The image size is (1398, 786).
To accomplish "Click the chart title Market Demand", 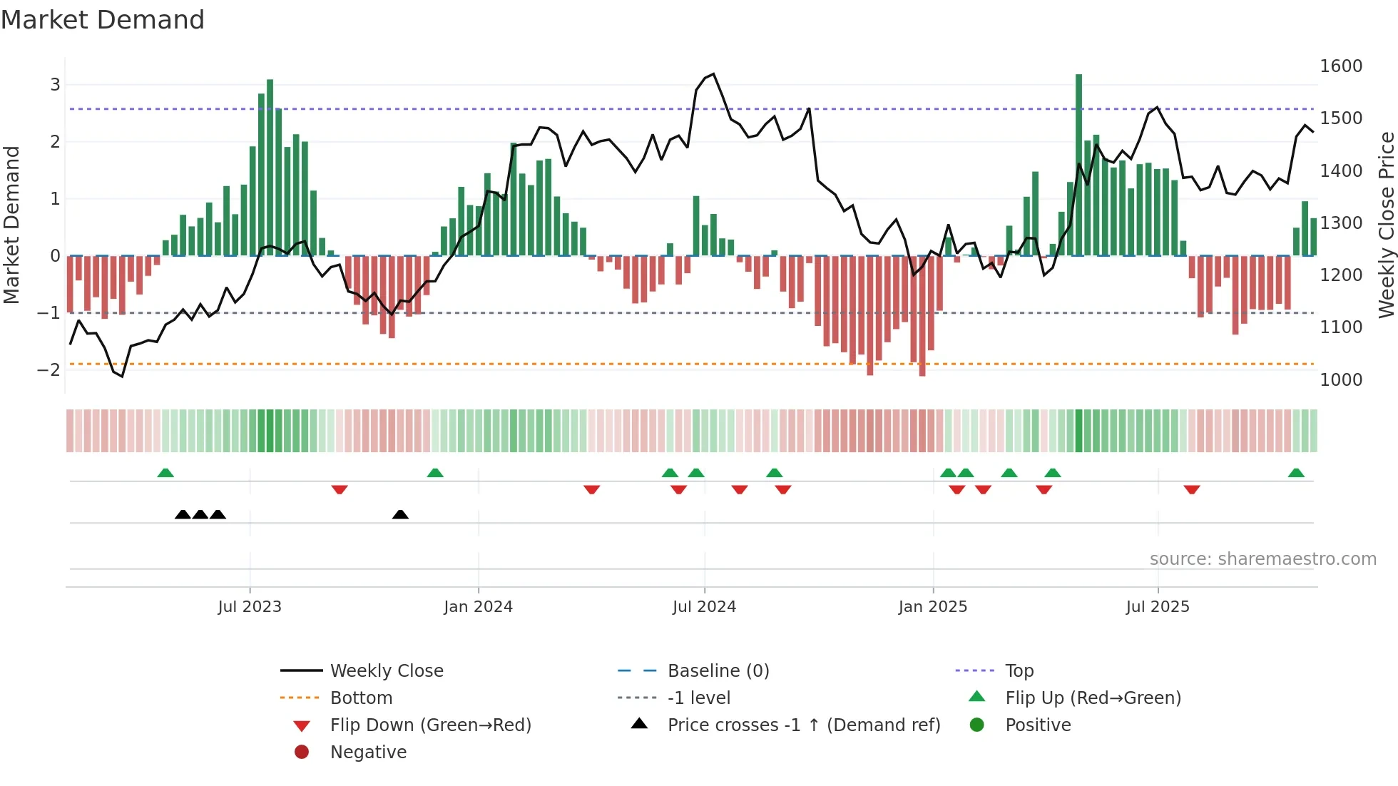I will click(x=103, y=20).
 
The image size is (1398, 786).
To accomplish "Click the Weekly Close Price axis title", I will click(x=1386, y=225).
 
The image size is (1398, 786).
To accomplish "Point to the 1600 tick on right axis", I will click(x=1341, y=66).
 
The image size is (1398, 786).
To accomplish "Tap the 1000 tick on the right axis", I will click(x=1341, y=380).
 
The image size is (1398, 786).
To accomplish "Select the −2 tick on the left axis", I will click(x=49, y=369).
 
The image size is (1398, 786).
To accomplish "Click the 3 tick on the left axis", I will click(x=55, y=85).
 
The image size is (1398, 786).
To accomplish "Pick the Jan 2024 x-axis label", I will click(x=478, y=607).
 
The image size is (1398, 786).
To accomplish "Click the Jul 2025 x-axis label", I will click(x=1158, y=607).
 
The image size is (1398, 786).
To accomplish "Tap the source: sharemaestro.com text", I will click(x=1262, y=559).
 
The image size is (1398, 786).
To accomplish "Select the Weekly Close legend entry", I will click(x=387, y=671).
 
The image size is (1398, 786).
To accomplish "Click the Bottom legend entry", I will click(x=361, y=698).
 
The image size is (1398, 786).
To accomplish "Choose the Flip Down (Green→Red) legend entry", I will click(x=430, y=725).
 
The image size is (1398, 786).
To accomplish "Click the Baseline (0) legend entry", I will click(x=718, y=671).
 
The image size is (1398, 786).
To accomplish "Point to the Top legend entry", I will click(x=1019, y=671).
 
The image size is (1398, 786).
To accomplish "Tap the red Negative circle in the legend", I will click(x=302, y=752).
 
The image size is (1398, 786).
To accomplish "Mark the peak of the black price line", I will click(x=713, y=73).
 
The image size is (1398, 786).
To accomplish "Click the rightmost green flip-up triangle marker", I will click(x=1296, y=473).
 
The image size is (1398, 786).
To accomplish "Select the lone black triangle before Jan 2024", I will click(x=400, y=514).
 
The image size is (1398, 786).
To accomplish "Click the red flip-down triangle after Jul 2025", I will click(x=1191, y=489).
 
